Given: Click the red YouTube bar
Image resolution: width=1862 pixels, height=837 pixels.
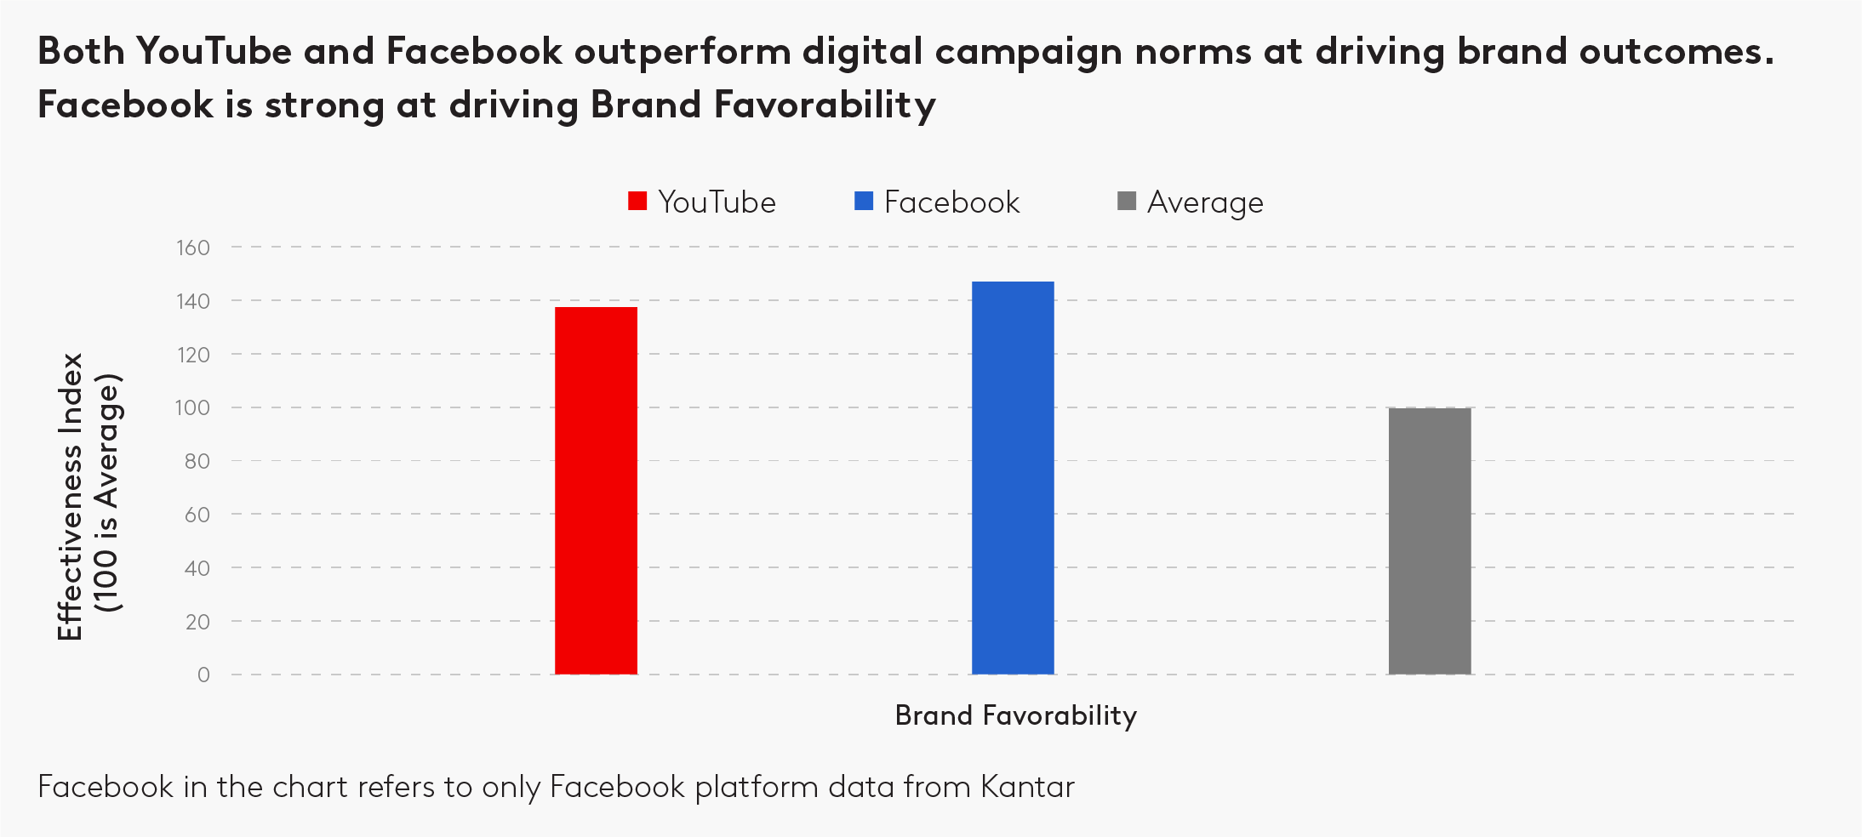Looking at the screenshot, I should (596, 491).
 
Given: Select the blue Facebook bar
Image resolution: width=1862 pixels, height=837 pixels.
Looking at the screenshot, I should (1013, 478).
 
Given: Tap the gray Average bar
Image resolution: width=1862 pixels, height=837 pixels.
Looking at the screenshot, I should (1430, 541).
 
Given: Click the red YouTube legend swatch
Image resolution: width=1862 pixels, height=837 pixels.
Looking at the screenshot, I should (637, 202).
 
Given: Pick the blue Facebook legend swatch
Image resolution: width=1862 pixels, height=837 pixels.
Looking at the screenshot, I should (864, 202).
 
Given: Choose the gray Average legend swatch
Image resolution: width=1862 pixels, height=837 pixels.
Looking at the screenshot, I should (1127, 202).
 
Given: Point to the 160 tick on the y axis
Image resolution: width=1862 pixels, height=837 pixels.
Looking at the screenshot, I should (193, 248).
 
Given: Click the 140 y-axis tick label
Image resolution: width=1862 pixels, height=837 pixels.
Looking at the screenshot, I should (193, 301).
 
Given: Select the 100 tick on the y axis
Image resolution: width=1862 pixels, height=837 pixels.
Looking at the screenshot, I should (193, 407).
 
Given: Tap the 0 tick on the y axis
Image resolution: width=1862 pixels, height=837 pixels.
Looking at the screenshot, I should (203, 675).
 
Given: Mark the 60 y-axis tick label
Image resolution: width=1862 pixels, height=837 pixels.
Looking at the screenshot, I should (197, 515).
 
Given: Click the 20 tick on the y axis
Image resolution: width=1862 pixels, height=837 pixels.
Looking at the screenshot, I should (197, 622).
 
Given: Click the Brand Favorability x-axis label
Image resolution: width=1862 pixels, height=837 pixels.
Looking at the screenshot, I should (1015, 715).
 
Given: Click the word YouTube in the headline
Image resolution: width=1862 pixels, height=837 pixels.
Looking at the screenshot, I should (214, 52).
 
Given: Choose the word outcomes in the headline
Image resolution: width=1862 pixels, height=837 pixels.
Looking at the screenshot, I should (1676, 52).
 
